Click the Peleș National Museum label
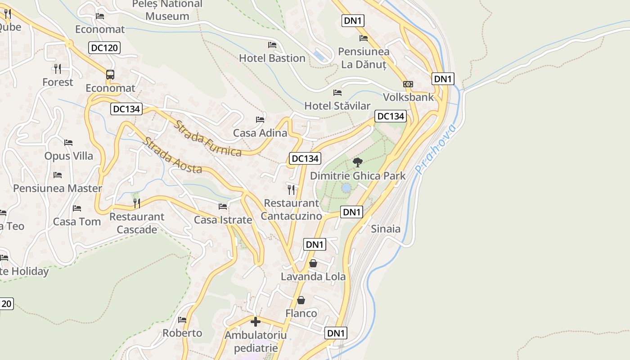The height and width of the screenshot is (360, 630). coord(167,10)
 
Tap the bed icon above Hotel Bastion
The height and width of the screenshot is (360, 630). coord(272,45)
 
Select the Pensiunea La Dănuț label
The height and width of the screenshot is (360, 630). coord(364,58)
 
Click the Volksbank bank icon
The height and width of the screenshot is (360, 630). coord(408,84)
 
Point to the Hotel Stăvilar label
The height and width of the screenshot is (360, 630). coord(337,106)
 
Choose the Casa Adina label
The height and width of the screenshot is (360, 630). coord(260,133)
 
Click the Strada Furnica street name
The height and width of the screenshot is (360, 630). coord(208,139)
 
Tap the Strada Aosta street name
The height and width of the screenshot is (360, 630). coord(172,156)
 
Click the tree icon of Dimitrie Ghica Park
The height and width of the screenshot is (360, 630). coord(358,162)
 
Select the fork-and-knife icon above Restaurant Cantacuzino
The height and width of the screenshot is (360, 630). coord(292,189)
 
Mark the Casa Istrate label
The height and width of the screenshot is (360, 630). coord(223,220)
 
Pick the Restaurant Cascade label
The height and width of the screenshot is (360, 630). coord(137,223)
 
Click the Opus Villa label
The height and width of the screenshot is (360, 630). coord(69,156)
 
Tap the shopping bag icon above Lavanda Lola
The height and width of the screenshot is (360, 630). coord(313,263)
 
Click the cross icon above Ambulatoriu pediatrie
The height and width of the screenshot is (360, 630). coord(256,322)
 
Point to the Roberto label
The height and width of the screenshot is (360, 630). coord(182,333)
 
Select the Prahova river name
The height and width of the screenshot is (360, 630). coord(435,149)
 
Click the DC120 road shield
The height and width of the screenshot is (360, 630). coord(104,48)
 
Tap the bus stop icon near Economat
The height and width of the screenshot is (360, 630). coord(110,75)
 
